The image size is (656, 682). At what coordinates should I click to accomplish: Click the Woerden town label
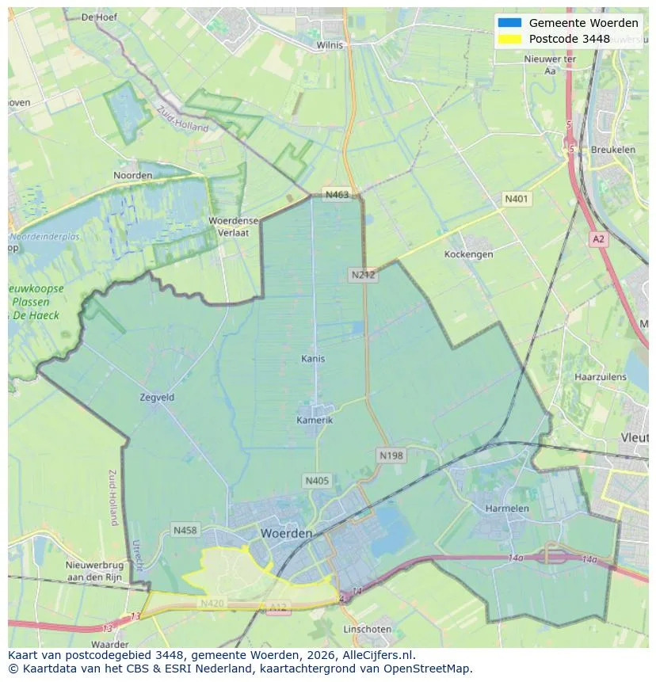coord(286,534)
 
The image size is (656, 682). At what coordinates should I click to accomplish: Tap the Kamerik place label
coord(315,420)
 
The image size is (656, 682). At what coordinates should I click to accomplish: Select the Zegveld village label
coord(156,398)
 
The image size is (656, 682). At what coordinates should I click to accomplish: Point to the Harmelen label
coord(507,508)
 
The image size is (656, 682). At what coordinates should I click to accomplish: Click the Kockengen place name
coord(469,254)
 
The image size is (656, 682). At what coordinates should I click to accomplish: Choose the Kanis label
coord(313,359)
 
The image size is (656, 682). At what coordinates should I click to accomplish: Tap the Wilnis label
coord(330,45)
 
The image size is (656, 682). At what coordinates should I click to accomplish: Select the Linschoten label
coord(367,629)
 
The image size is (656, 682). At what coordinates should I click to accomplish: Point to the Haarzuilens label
coord(601,377)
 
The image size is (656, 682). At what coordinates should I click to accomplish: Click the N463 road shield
coord(336,195)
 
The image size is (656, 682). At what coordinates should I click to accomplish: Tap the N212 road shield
coord(363,275)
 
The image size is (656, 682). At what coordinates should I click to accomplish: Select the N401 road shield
coord(517,199)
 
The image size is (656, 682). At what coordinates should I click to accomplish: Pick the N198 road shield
coord(391,455)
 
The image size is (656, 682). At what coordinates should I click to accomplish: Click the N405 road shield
coord(316,481)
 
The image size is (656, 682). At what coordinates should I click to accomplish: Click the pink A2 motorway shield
coord(598,238)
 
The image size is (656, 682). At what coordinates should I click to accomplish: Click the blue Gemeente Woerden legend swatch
coord(509,23)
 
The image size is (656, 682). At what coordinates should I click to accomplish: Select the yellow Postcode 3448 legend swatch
coord(509,39)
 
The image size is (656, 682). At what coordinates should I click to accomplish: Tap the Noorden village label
coord(133,175)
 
